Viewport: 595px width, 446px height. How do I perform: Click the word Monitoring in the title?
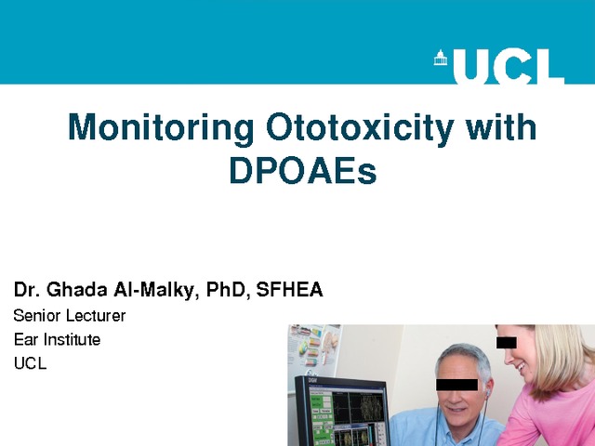(x=161, y=128)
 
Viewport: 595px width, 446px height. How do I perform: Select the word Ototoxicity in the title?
(x=360, y=128)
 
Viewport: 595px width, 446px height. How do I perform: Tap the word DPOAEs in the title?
(x=303, y=170)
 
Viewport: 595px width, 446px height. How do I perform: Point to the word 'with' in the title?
(x=500, y=126)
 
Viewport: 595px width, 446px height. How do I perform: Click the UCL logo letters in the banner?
(x=509, y=66)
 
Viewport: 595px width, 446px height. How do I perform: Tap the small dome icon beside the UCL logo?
(x=440, y=58)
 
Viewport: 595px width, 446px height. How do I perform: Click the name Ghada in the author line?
(x=77, y=290)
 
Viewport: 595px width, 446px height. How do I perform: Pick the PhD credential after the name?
(x=228, y=290)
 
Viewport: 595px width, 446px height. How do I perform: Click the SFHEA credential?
(x=289, y=290)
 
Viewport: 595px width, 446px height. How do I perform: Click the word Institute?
(x=73, y=339)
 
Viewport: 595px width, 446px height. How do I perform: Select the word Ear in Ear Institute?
(x=26, y=339)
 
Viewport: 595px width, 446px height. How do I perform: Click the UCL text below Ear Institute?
(x=30, y=363)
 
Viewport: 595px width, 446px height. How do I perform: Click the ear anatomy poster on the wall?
(x=315, y=348)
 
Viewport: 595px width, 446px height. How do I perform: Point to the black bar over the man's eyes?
(x=456, y=385)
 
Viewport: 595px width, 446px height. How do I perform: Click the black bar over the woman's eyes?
(x=506, y=343)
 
